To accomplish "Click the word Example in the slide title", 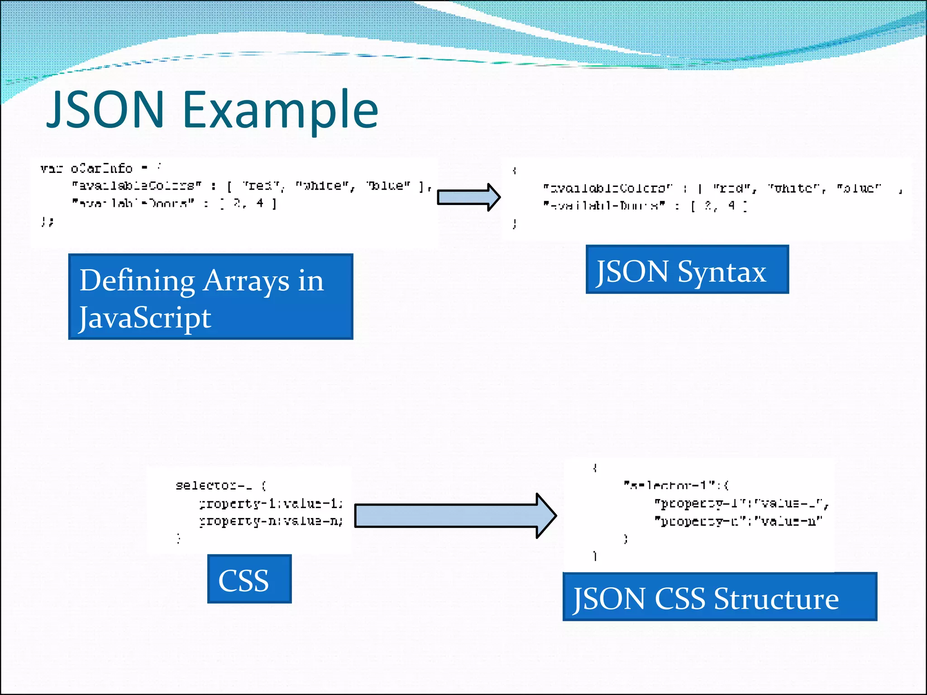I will pos(280,110).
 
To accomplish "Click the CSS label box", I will pos(249,579).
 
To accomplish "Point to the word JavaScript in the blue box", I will pos(145,318).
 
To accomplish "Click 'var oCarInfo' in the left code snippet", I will pos(86,169).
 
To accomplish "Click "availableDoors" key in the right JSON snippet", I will pos(604,206).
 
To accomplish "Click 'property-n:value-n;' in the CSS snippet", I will pos(271,521).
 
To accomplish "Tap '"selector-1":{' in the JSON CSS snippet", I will pos(676,486).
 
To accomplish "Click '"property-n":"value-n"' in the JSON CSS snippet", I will pos(738,521).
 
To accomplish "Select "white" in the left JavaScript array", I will pos(325,186).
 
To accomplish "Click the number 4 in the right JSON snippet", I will pos(731,205).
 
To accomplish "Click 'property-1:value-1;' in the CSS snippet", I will pos(271,503).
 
